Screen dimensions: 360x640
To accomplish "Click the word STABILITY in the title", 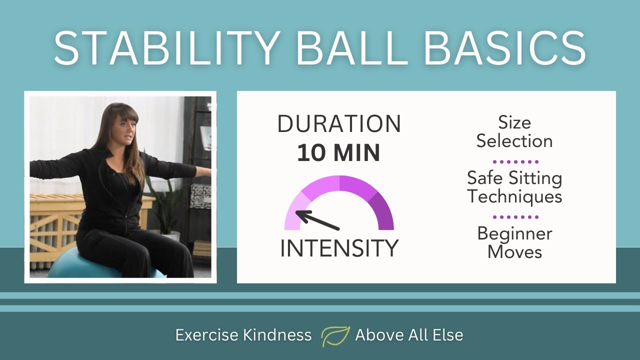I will click(165, 48).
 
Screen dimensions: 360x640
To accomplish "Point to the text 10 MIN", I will click(339, 153).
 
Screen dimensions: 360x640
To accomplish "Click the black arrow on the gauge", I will click(317, 220).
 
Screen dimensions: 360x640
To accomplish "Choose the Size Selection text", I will click(514, 132).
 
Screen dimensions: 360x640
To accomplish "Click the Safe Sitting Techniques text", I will click(514, 187).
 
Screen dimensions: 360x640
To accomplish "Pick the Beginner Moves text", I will click(514, 242).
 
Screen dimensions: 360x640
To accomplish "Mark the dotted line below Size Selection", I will click(515, 162).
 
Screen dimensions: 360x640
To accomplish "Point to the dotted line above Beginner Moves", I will click(515, 217).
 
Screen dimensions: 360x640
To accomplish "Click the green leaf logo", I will click(335, 335).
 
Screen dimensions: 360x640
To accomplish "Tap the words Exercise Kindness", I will click(243, 335).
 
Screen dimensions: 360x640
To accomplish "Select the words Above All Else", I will click(409, 335).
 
